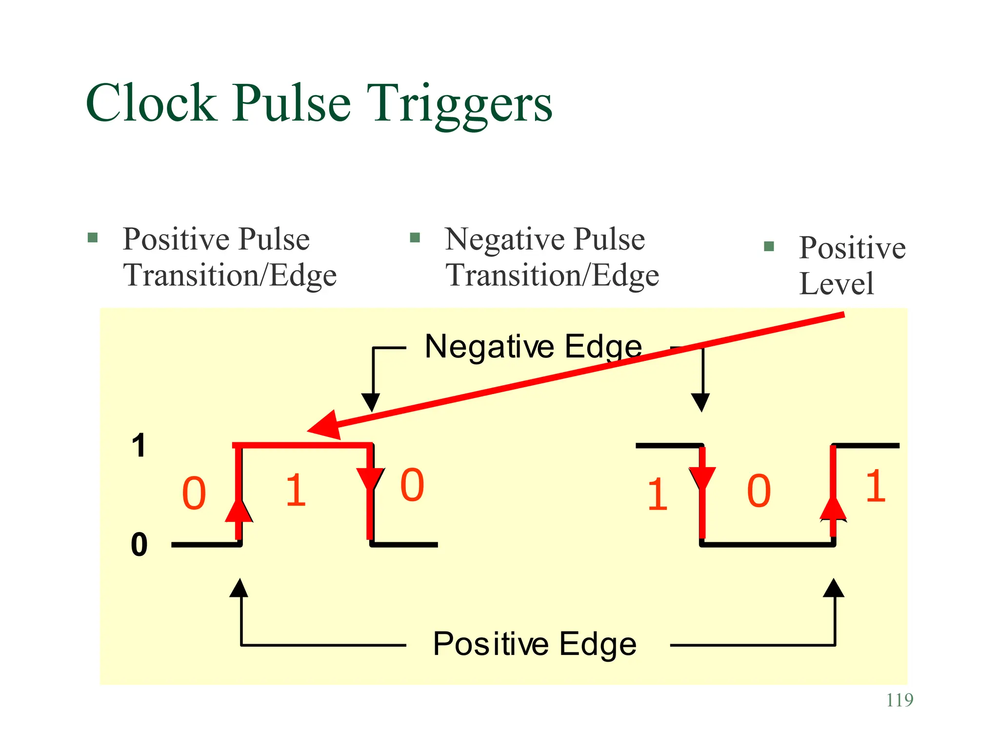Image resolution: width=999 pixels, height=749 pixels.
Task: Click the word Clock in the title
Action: [x=151, y=103]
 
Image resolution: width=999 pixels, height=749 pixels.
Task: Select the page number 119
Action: [x=899, y=700]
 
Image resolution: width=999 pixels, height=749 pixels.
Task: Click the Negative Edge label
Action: [x=533, y=347]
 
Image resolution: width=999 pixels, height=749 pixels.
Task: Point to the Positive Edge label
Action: [x=535, y=644]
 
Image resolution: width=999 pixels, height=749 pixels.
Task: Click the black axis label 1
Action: [x=140, y=446]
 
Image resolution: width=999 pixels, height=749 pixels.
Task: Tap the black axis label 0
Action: [x=140, y=545]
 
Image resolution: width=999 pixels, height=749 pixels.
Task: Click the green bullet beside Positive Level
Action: [x=769, y=246]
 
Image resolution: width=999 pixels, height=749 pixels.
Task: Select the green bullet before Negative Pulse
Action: [x=415, y=238]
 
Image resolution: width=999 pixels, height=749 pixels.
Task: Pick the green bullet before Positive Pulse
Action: [x=93, y=238]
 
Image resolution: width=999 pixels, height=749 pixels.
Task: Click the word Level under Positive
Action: [x=837, y=283]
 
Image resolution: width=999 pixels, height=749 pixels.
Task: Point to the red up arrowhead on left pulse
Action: [x=239, y=510]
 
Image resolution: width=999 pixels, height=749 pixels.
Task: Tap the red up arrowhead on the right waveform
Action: [x=833, y=508]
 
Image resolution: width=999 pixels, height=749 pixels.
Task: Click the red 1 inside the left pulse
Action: [x=296, y=492]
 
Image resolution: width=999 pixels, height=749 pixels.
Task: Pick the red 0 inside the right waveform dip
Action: [x=759, y=492]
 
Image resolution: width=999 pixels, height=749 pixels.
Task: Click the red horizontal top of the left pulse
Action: [x=302, y=445]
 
